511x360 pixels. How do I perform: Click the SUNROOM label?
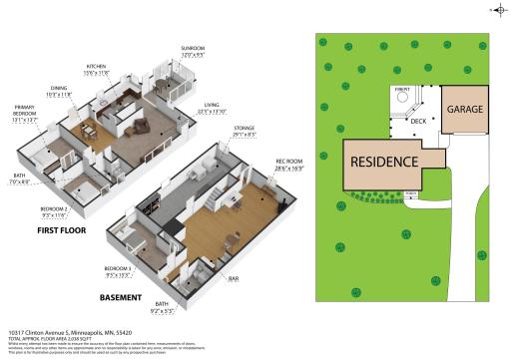click(191, 48)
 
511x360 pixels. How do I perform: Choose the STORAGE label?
click(244, 128)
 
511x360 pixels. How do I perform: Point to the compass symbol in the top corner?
click(498, 10)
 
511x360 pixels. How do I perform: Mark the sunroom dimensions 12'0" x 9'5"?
click(191, 54)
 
